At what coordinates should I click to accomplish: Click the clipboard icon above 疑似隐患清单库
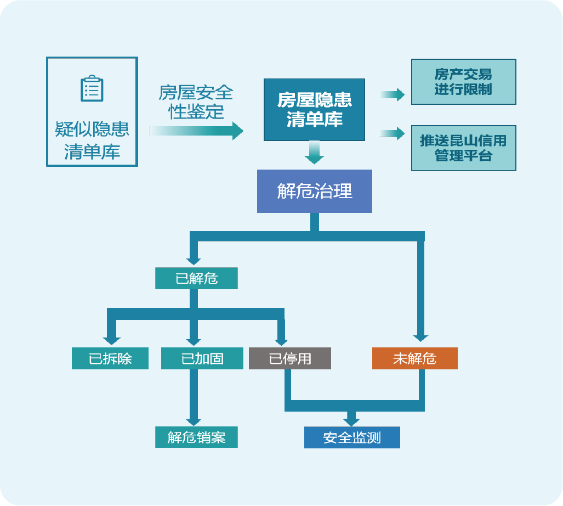[x=92, y=89]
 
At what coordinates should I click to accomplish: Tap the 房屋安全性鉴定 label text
[x=196, y=102]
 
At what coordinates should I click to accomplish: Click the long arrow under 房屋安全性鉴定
[x=196, y=131]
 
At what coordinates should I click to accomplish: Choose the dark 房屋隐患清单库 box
[x=314, y=109]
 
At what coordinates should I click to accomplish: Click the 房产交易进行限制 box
[x=463, y=82]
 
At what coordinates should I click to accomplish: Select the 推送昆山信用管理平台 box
[x=463, y=148]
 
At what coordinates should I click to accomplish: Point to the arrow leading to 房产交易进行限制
[x=391, y=95]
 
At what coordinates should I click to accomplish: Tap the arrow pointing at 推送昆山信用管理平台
[x=391, y=133]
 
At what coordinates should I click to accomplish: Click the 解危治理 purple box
[x=314, y=191]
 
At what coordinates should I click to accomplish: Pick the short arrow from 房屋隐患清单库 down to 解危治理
[x=314, y=153]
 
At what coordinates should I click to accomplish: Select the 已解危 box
[x=196, y=278]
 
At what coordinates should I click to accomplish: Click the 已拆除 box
[x=110, y=358]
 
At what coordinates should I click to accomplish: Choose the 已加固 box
[x=202, y=358]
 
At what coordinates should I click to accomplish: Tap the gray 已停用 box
[x=290, y=358]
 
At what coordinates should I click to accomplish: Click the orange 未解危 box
[x=414, y=358]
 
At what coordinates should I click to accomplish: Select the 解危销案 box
[x=196, y=437]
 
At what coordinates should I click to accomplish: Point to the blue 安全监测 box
[x=352, y=437]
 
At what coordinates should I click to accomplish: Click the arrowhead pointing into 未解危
[x=420, y=338]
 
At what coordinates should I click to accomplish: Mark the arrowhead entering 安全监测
[x=351, y=421]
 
